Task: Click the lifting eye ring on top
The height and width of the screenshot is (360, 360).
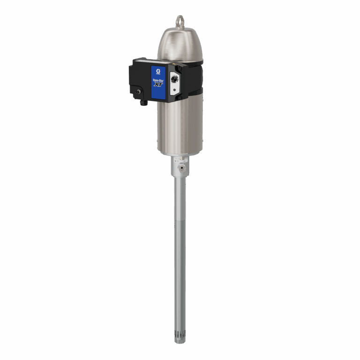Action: (x=180, y=21)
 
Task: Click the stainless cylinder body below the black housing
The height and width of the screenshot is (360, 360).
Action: (x=180, y=127)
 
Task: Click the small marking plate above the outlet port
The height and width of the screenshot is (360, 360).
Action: (x=180, y=160)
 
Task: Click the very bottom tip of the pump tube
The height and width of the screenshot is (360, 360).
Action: (x=180, y=341)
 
